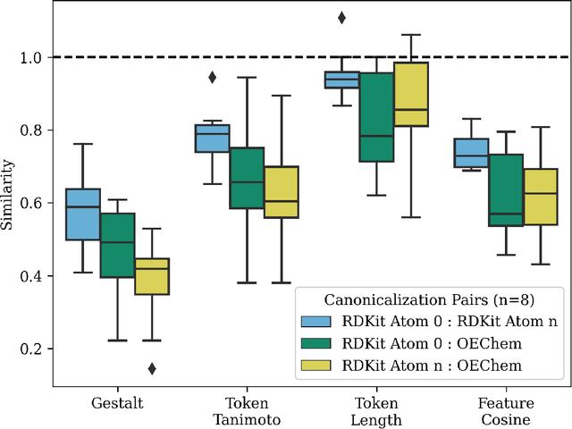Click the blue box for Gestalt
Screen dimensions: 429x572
(83, 214)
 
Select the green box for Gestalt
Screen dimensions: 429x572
(117, 245)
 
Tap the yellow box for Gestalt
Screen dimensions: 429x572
(151, 276)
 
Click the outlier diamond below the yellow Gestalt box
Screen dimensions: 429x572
(152, 368)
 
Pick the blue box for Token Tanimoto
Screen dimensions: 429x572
(213, 139)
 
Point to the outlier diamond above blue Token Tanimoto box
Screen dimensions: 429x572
(213, 77)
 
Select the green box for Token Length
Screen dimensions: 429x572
(375, 116)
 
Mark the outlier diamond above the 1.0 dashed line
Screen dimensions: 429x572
(341, 17)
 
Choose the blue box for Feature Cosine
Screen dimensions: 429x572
(471, 153)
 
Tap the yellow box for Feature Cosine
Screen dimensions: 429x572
(539, 196)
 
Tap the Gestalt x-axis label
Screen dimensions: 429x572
(117, 404)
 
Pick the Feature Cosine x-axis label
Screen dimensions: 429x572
(505, 411)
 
